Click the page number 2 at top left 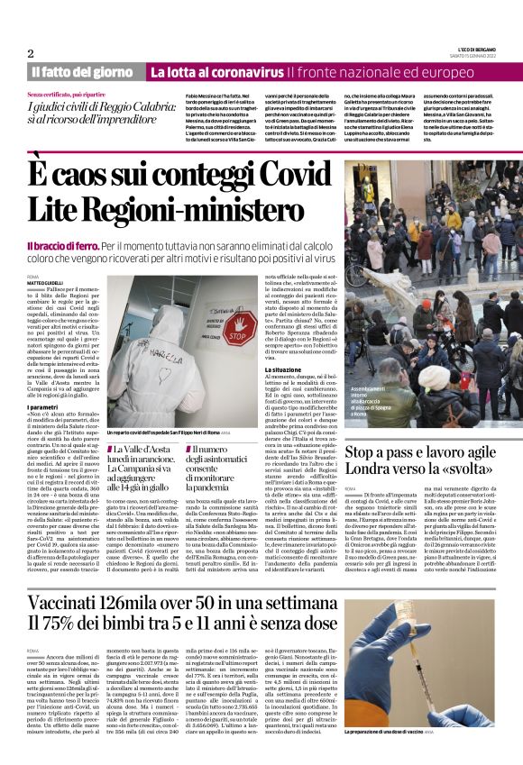(x=30, y=53)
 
